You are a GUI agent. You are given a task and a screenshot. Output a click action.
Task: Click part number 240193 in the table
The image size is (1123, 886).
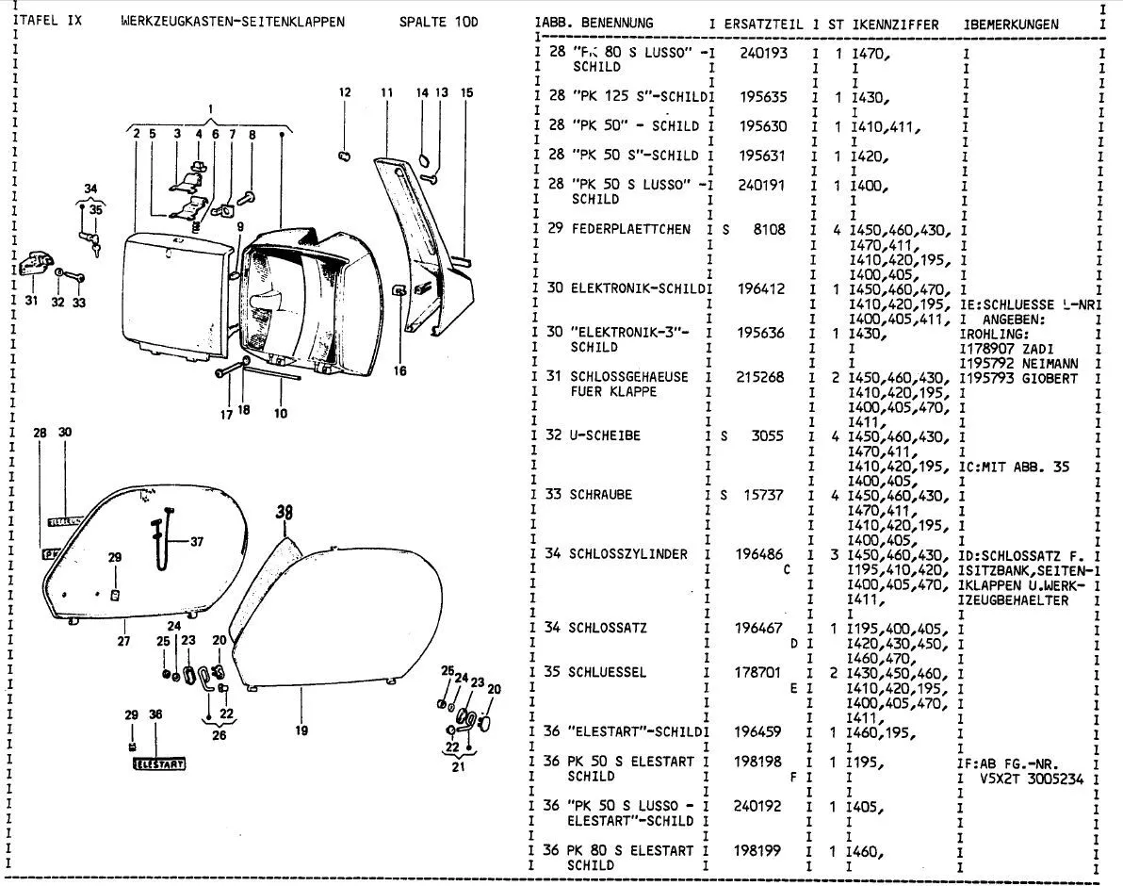coord(763,54)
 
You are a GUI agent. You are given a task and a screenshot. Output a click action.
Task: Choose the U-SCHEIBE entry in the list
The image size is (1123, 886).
coord(605,435)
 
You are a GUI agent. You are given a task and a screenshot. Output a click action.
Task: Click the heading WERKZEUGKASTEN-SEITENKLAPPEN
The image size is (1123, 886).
coord(233,21)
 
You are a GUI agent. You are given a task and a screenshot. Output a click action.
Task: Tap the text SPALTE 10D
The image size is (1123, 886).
coord(438,21)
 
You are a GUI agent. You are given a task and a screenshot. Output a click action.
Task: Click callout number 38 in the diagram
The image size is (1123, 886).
coord(285,514)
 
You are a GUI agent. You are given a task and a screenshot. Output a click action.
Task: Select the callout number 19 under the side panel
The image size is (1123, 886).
coord(301,729)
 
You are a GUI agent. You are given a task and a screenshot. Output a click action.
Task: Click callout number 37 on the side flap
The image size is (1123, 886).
coord(196,541)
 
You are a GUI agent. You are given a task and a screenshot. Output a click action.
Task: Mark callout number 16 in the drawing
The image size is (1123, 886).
coord(400,370)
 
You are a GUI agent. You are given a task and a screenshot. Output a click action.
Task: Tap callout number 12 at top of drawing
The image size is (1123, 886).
coord(345,92)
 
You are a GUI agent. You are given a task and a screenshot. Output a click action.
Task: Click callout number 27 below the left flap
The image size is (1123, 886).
coord(123,642)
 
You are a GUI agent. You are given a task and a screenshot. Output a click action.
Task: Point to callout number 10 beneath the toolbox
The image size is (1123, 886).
coord(279,412)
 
